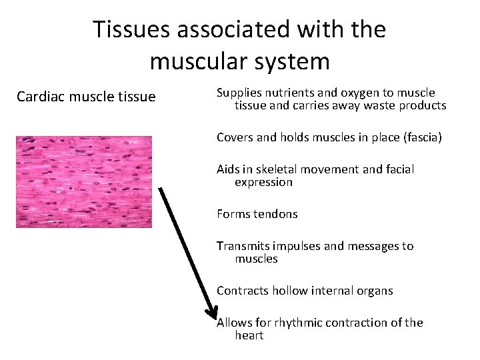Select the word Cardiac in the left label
click(39, 97)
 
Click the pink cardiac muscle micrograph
click(84, 181)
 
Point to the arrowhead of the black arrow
click(211, 314)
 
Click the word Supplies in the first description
click(239, 93)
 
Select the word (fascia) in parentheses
click(421, 137)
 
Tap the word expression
click(263, 182)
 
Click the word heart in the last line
click(249, 335)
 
